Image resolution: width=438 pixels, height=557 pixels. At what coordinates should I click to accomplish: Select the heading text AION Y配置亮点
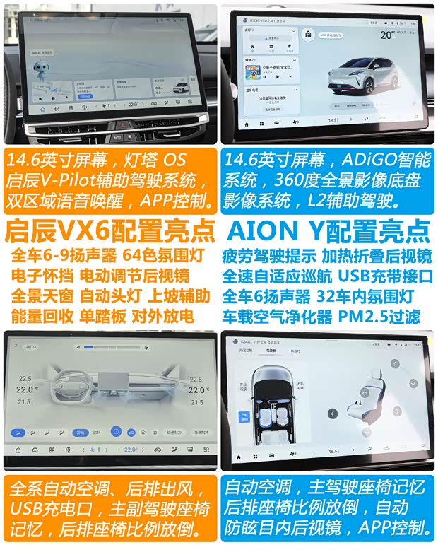328,231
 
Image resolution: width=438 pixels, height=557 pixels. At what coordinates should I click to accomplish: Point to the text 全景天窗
41,295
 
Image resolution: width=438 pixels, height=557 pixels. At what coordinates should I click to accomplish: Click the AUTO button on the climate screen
31,347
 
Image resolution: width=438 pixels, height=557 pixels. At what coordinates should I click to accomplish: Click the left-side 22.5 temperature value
25,378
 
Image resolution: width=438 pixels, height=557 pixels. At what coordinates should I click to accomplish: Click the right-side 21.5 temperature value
197,402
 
